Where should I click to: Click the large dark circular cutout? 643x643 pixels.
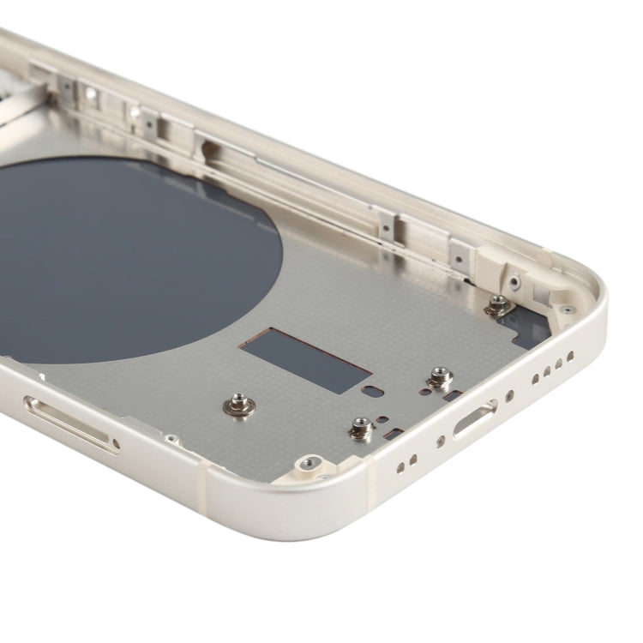129,257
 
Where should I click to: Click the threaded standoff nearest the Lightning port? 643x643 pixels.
439,377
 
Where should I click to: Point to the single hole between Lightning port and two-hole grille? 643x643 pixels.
440,442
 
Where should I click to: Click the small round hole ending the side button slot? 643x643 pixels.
115,443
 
